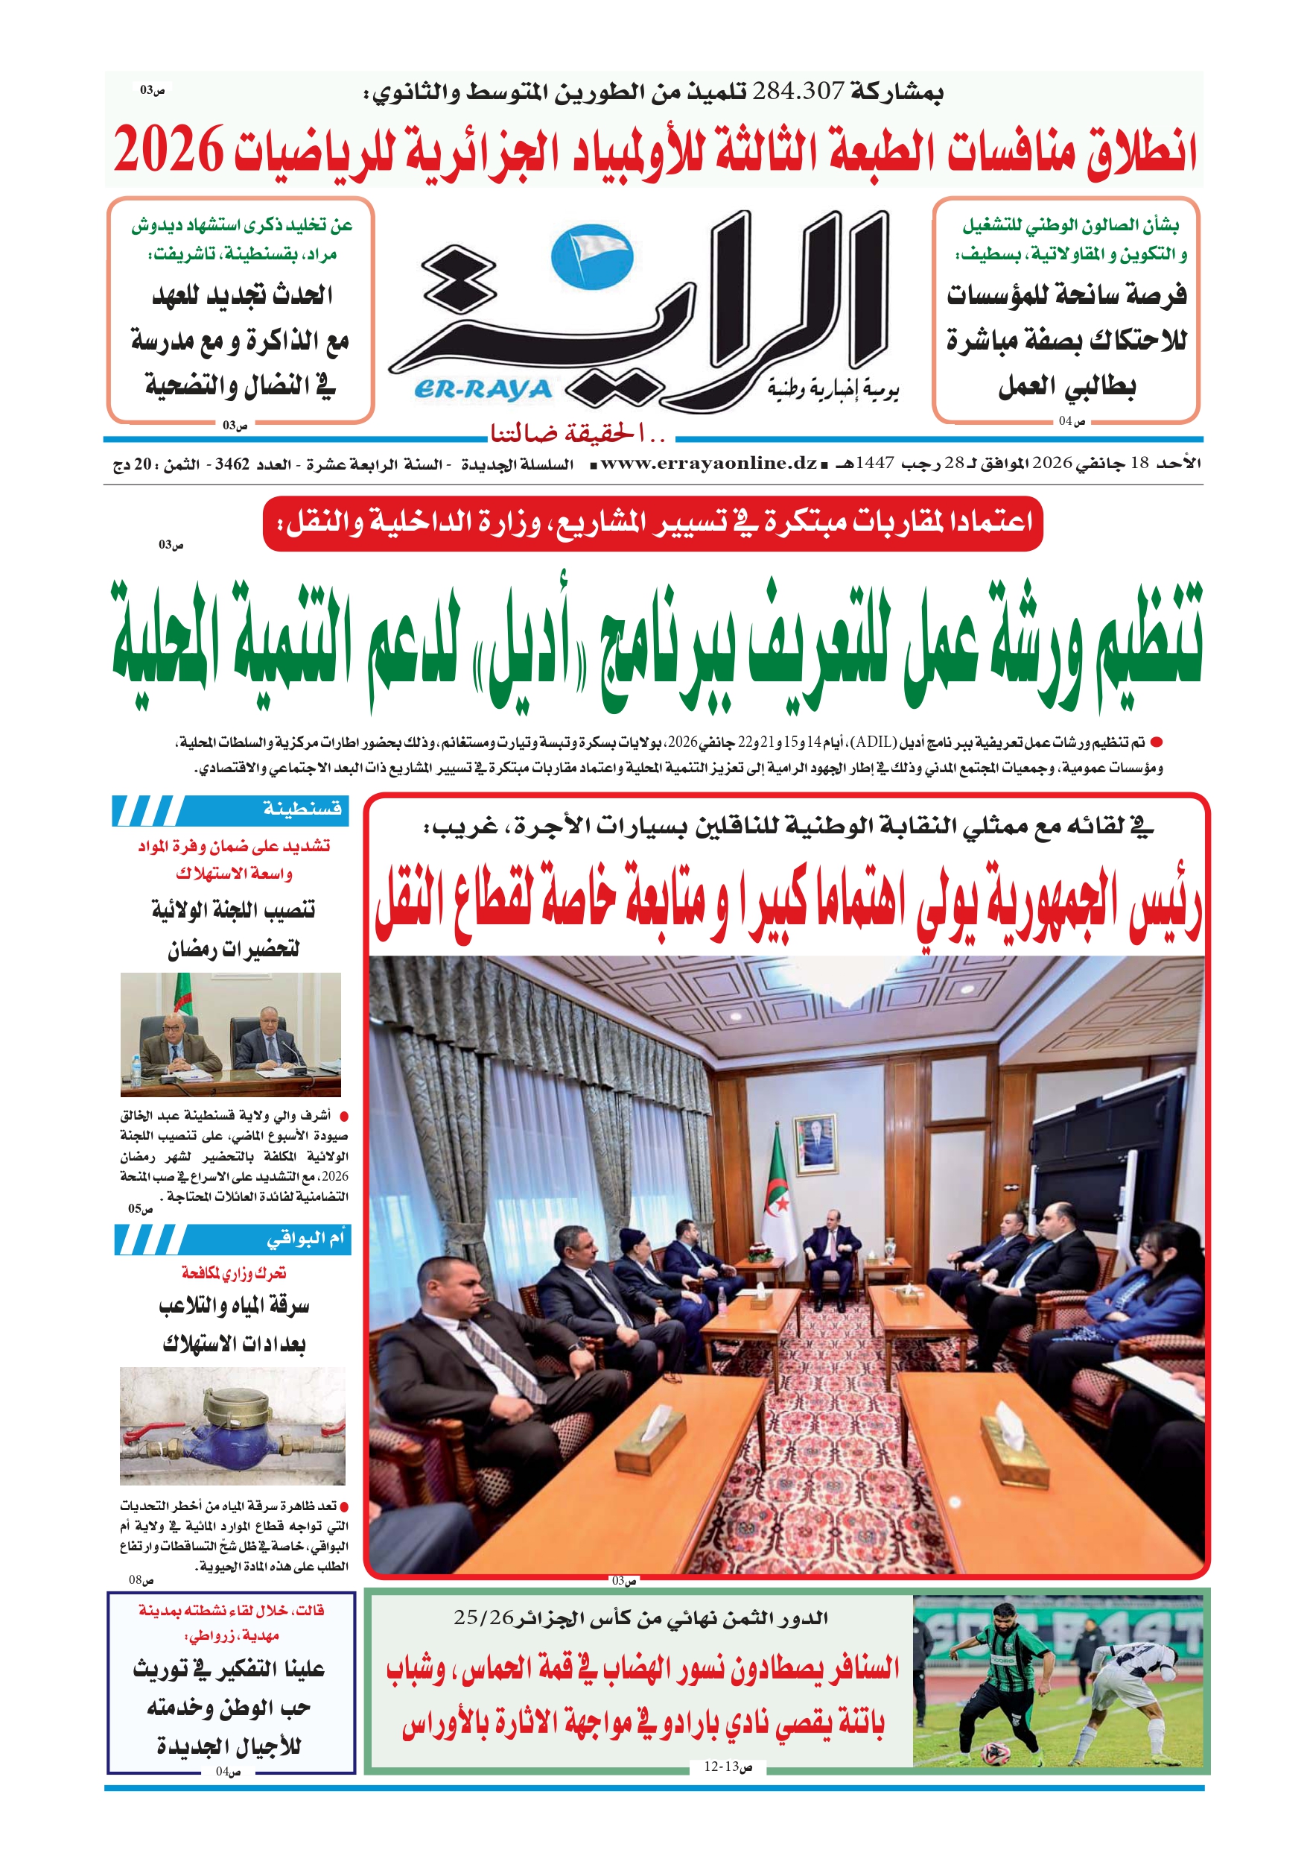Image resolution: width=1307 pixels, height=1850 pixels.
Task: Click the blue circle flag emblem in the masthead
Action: pos(592,257)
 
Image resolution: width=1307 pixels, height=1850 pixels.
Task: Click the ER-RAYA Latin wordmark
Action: pos(483,390)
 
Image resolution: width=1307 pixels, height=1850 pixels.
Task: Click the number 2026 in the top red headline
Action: pos(168,150)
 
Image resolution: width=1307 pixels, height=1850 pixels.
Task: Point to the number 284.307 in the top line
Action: pos(798,91)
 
